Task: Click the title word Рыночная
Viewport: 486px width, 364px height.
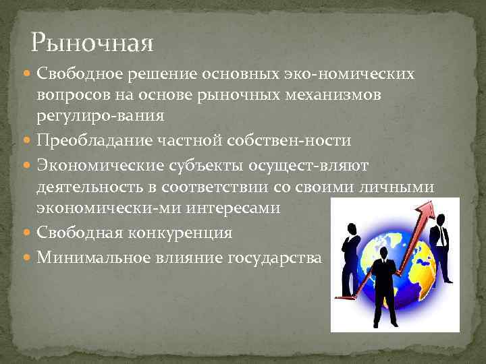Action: tap(92, 44)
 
